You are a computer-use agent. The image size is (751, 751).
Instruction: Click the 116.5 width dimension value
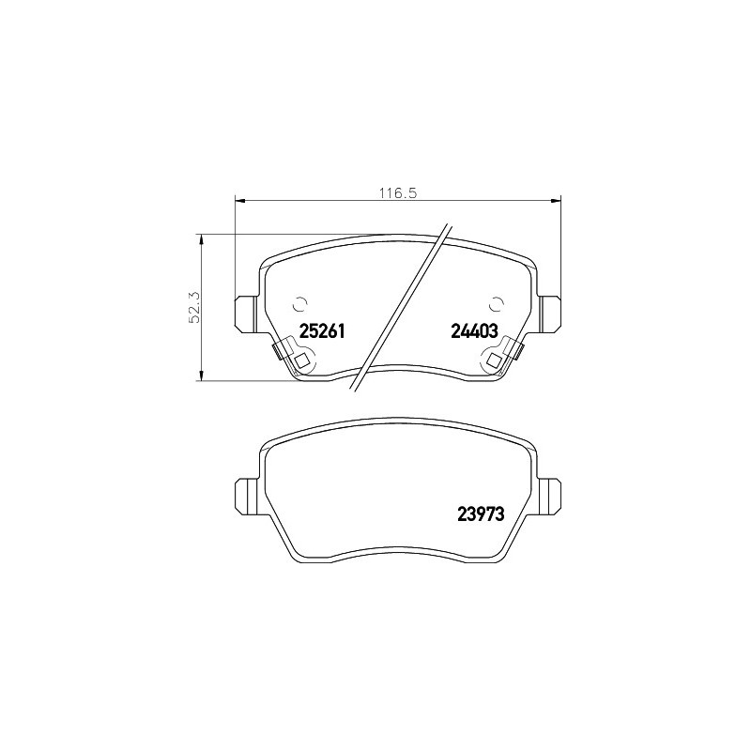(x=398, y=193)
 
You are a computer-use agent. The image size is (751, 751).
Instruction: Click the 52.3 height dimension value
(x=195, y=307)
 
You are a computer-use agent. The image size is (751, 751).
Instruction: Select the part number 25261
(x=322, y=330)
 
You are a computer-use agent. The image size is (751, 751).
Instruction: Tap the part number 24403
(x=475, y=330)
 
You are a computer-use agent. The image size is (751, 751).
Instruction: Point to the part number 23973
(x=482, y=513)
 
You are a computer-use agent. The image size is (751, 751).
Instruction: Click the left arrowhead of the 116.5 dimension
(x=240, y=200)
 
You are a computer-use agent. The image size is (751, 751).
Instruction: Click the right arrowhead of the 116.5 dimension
(x=555, y=200)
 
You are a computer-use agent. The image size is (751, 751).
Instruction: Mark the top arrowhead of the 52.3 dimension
(x=202, y=239)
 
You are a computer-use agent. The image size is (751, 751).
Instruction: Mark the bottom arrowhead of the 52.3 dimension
(x=202, y=376)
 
